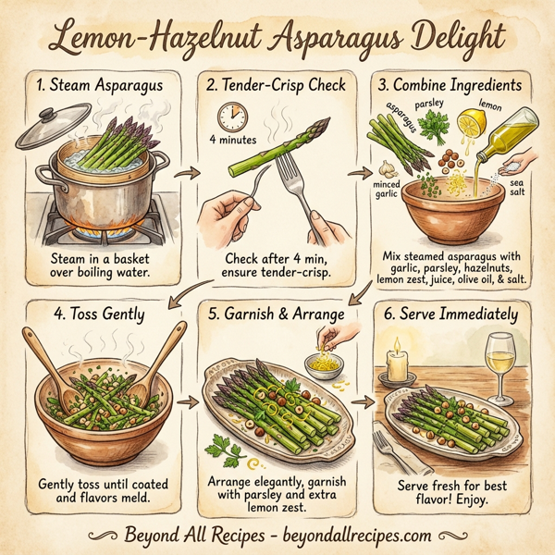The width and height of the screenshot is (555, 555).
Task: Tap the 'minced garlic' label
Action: [387, 191]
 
